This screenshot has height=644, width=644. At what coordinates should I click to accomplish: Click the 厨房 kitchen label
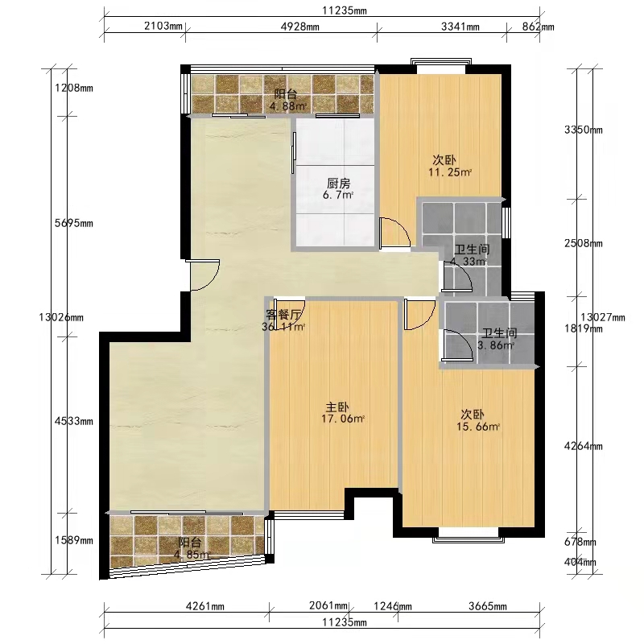click(x=338, y=183)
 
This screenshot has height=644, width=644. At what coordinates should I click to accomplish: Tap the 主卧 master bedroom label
click(x=337, y=407)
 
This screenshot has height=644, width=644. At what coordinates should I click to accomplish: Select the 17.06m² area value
click(x=343, y=419)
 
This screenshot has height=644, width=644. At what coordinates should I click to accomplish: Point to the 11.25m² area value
click(x=450, y=172)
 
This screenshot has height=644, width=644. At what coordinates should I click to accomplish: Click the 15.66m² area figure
click(x=478, y=427)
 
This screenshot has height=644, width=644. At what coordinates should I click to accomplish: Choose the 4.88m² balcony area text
click(x=288, y=106)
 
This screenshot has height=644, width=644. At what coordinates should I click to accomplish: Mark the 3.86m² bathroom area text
click(x=496, y=345)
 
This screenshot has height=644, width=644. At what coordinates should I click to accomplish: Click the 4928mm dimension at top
click(x=299, y=27)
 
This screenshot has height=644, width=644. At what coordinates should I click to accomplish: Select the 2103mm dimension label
click(x=163, y=26)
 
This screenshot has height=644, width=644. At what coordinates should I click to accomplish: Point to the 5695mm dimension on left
click(x=74, y=224)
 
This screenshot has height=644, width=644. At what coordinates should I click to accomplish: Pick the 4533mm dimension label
click(x=74, y=421)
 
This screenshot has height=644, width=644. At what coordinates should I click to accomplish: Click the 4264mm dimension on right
click(x=584, y=446)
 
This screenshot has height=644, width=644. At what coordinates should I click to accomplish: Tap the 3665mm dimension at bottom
click(x=488, y=606)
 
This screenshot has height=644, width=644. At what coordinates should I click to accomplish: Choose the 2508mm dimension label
click(x=584, y=244)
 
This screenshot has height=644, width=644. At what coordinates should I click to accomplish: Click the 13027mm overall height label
click(x=603, y=317)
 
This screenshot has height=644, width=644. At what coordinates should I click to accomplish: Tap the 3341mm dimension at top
click(x=460, y=27)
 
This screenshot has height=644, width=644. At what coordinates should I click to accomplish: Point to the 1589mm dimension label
click(x=74, y=540)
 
